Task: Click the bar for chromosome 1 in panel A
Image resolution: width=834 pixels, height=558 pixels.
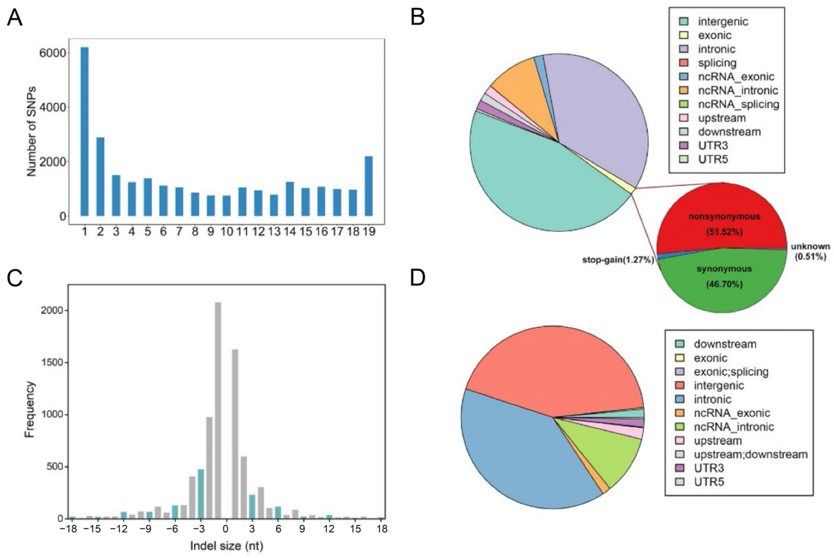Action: (84, 132)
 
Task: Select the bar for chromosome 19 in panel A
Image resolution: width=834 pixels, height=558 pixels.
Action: (368, 186)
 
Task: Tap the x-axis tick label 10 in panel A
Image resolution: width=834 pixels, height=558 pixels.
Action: (226, 232)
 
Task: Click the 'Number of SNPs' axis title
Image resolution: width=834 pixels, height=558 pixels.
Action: (32, 132)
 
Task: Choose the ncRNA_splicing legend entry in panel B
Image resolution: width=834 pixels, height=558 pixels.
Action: (738, 104)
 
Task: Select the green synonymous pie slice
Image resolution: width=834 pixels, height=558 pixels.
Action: (723, 285)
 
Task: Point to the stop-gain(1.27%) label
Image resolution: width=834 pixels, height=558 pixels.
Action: (618, 260)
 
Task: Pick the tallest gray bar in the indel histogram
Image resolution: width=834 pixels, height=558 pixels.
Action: (218, 409)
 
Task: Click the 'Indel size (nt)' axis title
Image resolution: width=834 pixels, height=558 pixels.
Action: (227, 546)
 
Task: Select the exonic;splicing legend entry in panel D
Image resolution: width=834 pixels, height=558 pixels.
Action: (730, 372)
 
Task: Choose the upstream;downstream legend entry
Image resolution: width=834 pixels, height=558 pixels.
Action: (750, 454)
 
